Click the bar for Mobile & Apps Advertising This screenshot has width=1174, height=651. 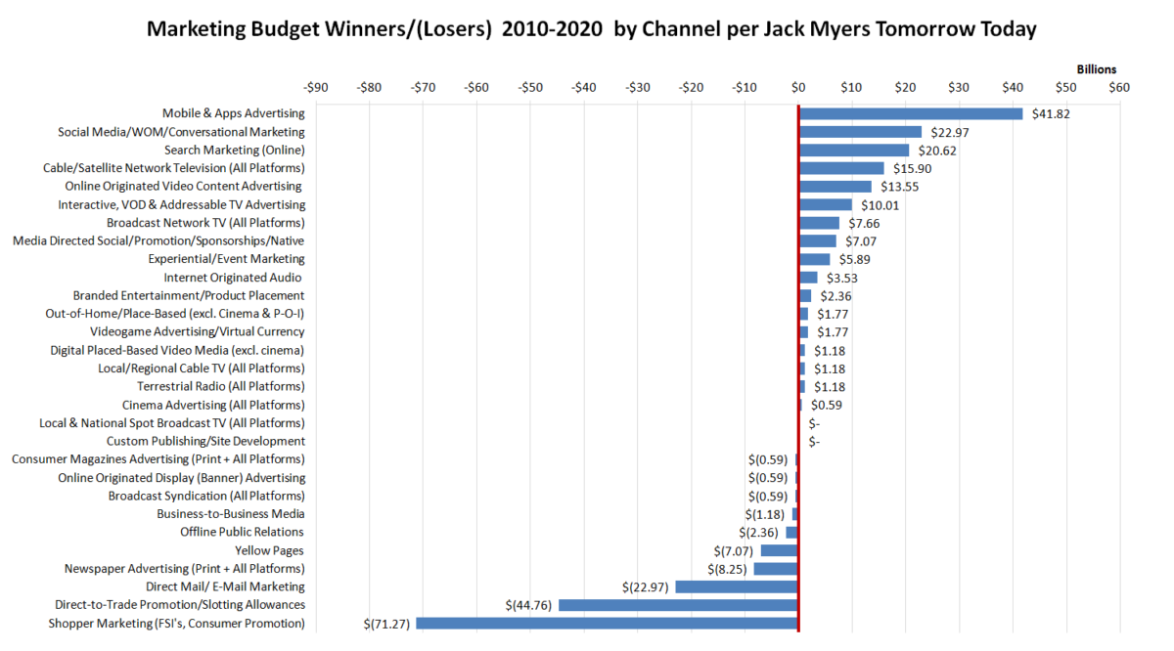pyautogui.click(x=910, y=113)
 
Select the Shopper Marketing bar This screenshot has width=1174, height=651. pyautogui.click(x=607, y=623)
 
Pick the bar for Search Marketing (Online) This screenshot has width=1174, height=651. pyautogui.click(x=853, y=151)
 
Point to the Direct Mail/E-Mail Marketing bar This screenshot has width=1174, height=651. pyautogui.click(x=736, y=586)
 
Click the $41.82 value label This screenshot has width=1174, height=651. pyautogui.click(x=1051, y=114)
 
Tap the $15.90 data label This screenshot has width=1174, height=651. pyautogui.click(x=912, y=168)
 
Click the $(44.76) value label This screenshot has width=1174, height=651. pyautogui.click(x=528, y=605)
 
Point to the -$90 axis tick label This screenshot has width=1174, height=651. pyautogui.click(x=316, y=87)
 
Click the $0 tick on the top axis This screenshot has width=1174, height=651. pyautogui.click(x=798, y=87)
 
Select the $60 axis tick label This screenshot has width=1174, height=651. pyautogui.click(x=1118, y=87)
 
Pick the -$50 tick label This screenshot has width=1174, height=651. pyautogui.click(x=530, y=87)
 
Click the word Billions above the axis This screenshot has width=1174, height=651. pyautogui.click(x=1096, y=69)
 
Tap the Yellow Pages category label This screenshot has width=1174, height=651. pyautogui.click(x=269, y=550)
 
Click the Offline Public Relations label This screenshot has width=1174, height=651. pyautogui.click(x=242, y=532)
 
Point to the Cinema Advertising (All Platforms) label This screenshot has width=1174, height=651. pyautogui.click(x=213, y=405)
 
